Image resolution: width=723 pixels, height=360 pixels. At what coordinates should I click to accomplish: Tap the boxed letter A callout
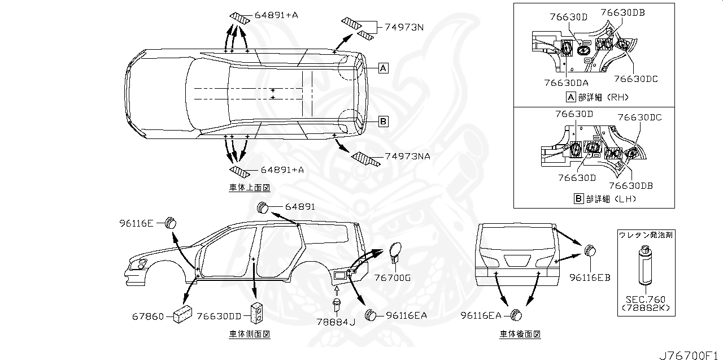point(382,68)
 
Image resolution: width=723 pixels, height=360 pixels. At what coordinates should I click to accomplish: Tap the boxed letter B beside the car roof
point(382,121)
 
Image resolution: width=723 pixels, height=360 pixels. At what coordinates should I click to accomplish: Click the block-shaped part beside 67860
point(182,313)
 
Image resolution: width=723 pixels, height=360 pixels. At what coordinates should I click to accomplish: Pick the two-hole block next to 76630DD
point(258,313)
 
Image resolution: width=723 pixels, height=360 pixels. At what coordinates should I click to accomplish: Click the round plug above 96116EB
point(590,250)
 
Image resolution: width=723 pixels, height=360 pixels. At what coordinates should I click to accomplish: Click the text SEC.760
point(644,300)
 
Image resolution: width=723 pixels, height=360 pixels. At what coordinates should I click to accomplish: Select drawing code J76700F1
point(691,355)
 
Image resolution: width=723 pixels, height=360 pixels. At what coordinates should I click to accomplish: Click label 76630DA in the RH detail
point(567,83)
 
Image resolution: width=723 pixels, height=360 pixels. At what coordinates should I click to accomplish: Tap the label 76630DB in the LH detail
point(630,185)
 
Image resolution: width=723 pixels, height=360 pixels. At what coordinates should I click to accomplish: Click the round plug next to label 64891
point(263,207)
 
